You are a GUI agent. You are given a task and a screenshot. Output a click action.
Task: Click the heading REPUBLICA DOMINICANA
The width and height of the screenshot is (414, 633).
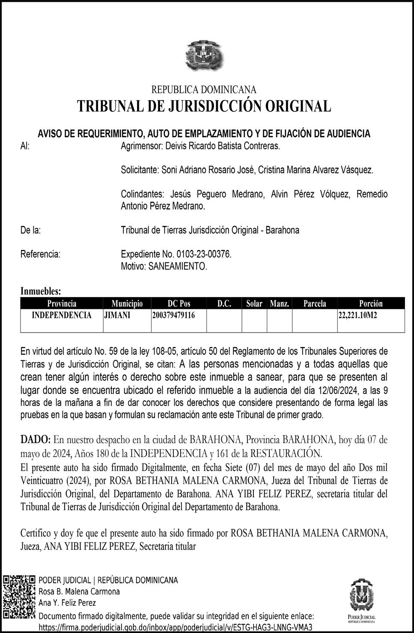204,90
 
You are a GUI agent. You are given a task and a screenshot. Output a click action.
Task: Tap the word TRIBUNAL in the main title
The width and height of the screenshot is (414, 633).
109,106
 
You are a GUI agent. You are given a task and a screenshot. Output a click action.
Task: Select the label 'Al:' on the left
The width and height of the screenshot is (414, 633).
25,146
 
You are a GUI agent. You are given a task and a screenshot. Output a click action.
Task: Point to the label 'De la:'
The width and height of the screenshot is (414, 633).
30,230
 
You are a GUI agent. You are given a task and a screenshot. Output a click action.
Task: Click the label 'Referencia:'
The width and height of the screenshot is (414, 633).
40,254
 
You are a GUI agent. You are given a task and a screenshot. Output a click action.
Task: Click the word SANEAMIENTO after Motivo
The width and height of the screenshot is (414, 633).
177,266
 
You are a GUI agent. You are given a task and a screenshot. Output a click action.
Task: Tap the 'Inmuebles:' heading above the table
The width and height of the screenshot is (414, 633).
41,291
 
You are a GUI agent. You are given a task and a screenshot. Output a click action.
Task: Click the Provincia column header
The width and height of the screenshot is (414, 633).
62,303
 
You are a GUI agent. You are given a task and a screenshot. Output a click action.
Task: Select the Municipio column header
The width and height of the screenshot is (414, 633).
127,303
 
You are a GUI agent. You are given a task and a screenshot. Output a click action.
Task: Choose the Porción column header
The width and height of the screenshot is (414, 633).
371,303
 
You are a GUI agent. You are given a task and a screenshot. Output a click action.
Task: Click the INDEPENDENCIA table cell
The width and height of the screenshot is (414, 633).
62,315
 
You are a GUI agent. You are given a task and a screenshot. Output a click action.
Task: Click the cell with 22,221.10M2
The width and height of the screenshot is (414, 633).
359,315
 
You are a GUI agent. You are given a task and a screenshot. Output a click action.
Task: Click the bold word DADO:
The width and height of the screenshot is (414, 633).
36,440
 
